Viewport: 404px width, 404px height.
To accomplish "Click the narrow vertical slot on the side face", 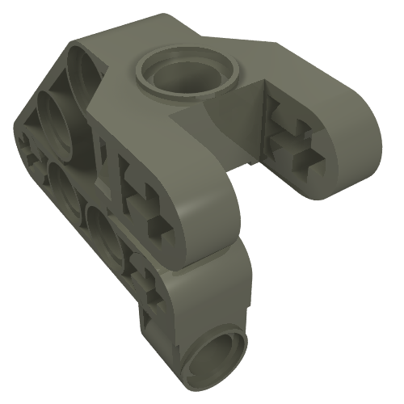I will (104, 154).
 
